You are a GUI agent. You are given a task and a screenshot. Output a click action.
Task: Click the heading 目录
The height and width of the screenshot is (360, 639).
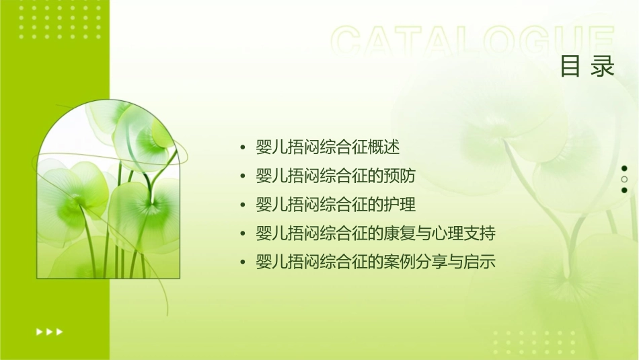588,67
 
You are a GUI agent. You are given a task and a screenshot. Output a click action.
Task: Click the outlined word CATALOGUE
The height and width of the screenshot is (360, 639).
473,42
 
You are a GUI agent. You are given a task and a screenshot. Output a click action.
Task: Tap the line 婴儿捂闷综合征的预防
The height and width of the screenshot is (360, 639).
336,176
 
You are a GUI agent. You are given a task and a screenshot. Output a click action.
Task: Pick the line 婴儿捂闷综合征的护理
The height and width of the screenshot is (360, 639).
336,205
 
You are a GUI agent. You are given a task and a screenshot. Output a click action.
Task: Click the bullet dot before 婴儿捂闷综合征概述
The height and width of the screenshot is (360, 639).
243,148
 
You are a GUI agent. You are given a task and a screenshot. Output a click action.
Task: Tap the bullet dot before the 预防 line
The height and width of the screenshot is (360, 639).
243,177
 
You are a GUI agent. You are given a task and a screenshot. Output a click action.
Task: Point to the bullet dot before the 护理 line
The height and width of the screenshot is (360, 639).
243,205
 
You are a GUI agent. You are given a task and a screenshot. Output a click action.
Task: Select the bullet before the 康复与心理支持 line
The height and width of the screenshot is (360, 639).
243,234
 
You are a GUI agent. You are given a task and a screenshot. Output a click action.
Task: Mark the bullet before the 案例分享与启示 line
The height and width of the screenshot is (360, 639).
243,263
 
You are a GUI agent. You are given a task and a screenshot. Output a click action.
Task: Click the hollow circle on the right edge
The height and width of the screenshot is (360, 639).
624,179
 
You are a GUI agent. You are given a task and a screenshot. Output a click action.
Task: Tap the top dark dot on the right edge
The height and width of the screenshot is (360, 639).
624,168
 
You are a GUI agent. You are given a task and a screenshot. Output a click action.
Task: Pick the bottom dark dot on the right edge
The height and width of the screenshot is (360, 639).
624,190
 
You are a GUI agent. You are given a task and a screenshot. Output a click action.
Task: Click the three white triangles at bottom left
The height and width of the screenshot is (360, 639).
49,331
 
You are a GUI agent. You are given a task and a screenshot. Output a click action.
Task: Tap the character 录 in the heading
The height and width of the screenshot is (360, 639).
603,67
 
